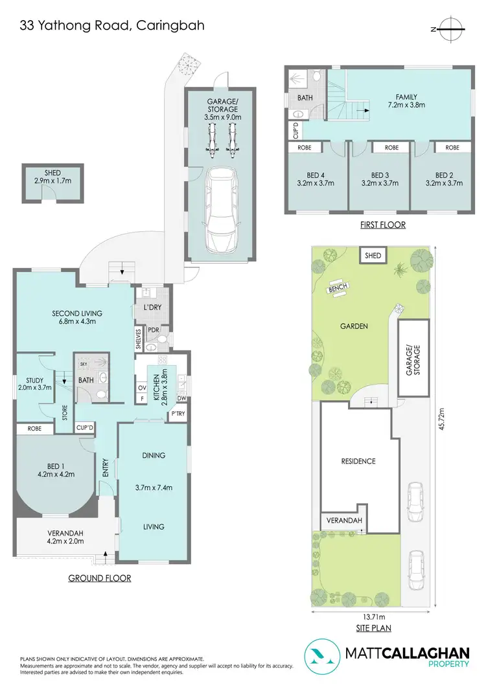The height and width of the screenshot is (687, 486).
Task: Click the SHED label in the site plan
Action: pyautogui.click(x=373, y=256)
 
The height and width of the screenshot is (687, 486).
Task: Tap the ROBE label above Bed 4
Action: pyautogui.click(x=304, y=148)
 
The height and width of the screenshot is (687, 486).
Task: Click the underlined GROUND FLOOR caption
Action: pyautogui.click(x=100, y=578)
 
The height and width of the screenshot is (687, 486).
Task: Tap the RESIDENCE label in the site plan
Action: pyautogui.click(x=358, y=461)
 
